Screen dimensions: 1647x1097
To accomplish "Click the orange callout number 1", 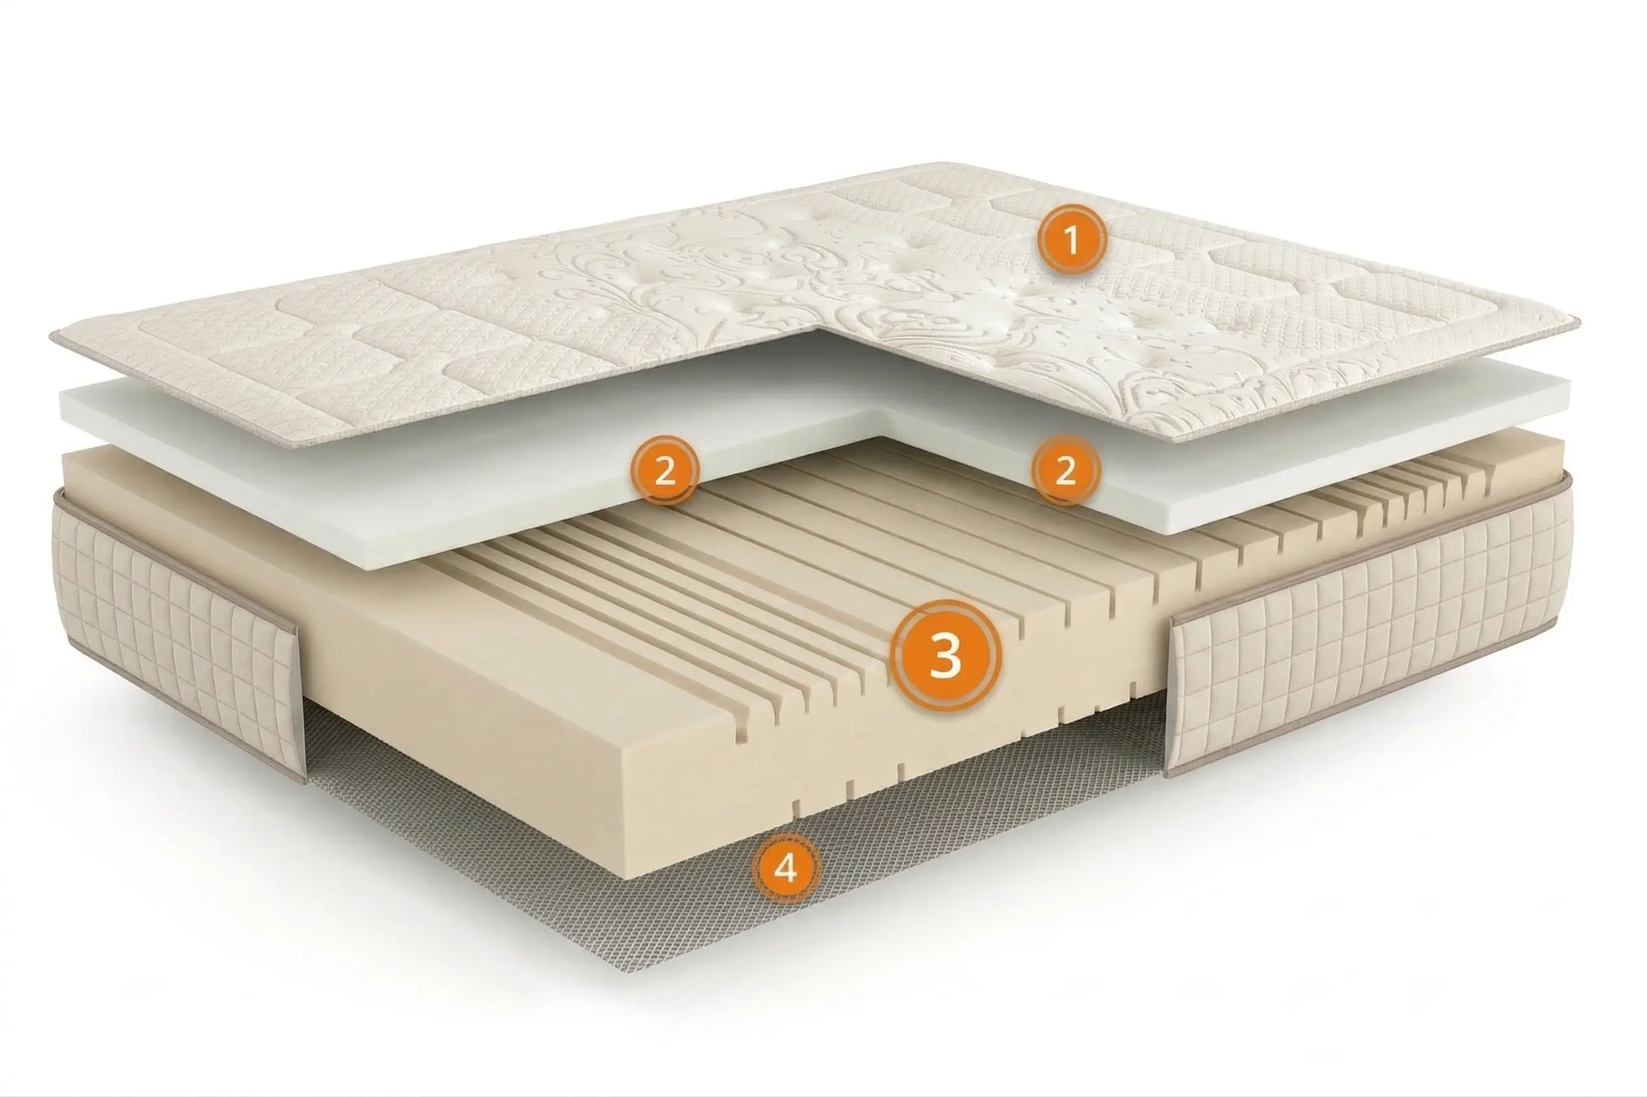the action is (1071, 239).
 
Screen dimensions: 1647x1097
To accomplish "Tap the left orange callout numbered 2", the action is (664, 470).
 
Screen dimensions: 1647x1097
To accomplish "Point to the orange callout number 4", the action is (786, 868).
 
